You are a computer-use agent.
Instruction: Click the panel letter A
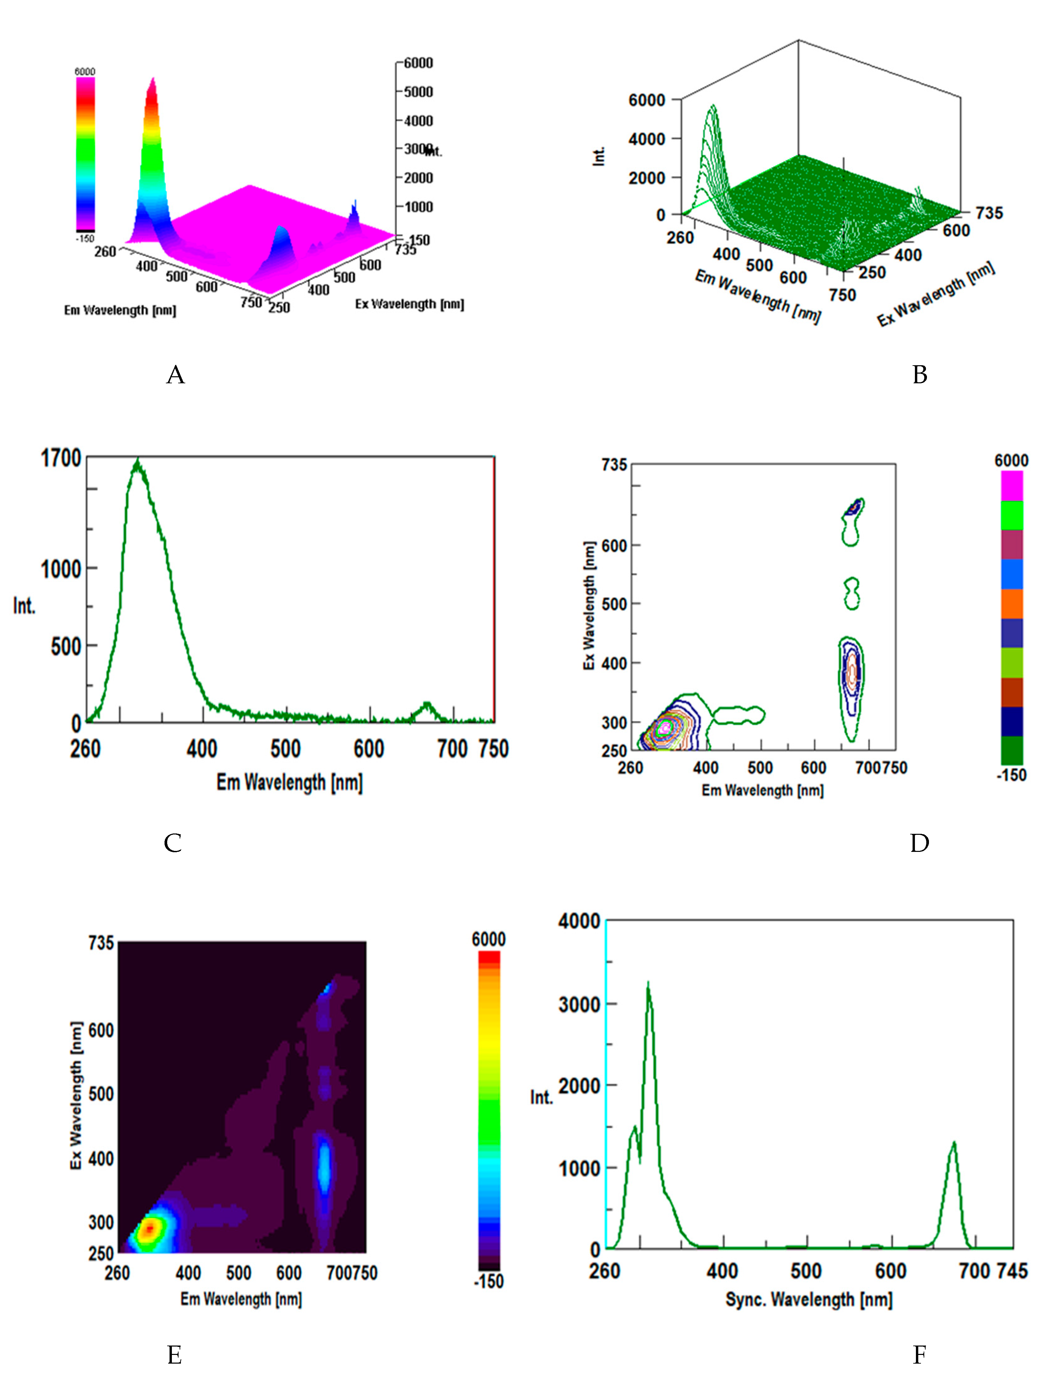click(x=176, y=375)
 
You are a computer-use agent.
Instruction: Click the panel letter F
click(x=919, y=1356)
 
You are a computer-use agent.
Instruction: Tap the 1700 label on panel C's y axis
click(x=61, y=458)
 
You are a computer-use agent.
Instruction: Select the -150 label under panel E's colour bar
click(x=488, y=1281)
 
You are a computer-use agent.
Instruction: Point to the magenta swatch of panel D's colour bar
click(x=1011, y=486)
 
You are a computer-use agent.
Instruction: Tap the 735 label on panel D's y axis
click(x=614, y=465)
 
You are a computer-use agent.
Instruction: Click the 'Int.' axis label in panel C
click(x=24, y=605)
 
